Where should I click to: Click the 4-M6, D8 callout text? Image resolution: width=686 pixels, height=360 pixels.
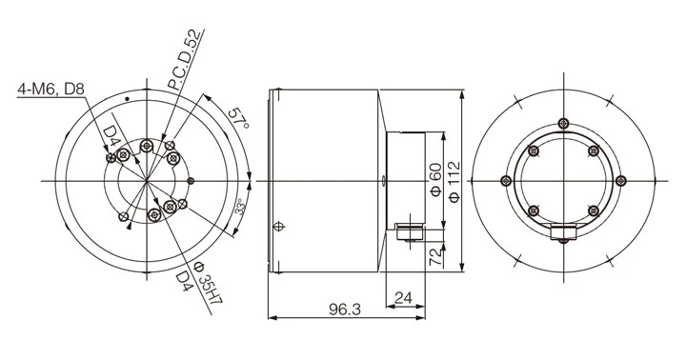[50, 90]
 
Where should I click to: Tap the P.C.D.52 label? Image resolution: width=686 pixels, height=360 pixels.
[186, 60]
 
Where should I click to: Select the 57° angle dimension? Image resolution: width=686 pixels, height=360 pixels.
[239, 118]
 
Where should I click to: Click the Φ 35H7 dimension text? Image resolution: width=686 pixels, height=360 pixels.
[209, 283]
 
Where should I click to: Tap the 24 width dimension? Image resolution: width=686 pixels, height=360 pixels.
[403, 298]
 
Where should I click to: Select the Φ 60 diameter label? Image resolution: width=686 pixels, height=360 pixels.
[436, 179]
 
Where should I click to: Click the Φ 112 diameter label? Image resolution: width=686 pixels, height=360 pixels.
[454, 182]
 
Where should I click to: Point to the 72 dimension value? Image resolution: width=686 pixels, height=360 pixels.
[436, 257]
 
